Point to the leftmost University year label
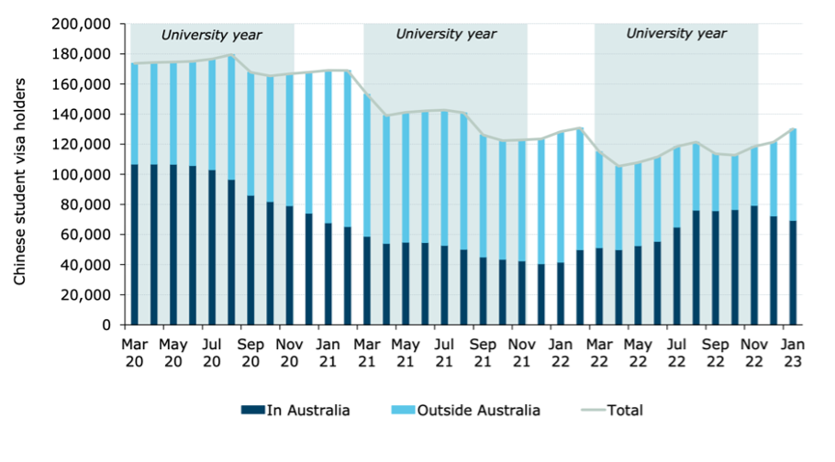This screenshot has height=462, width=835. (x=212, y=36)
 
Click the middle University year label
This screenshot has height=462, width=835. (x=446, y=34)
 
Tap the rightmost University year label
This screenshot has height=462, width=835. (x=676, y=34)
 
